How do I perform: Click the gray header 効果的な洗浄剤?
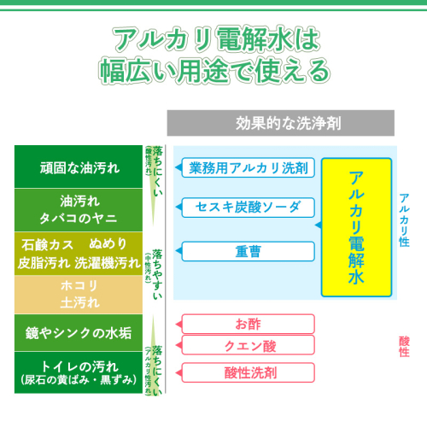281,123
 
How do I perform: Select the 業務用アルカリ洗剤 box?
249,167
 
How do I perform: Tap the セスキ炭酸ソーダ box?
249,208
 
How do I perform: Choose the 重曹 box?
249,251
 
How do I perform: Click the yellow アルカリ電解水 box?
356,227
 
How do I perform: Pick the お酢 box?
249,324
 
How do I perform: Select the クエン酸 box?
249,345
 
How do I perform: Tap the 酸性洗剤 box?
249,372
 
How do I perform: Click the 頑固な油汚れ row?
79,167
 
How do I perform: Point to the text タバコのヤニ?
79,219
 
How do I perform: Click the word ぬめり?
108,244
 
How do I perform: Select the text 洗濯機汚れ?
108,263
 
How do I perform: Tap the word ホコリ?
79,285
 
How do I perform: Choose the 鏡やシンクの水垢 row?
79,333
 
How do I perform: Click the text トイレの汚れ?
79,366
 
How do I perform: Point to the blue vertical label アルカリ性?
404,220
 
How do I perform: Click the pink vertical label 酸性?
404,347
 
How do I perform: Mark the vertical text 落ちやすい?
157,274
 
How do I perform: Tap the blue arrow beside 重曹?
178,251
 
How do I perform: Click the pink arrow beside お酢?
178,325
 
